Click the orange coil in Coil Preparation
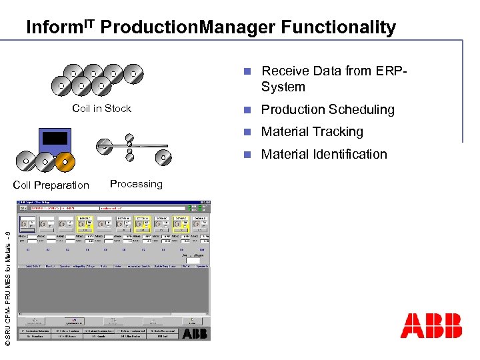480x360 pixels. click(64, 161)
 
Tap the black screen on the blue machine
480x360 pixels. click(55, 138)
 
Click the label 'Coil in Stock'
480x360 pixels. click(101, 109)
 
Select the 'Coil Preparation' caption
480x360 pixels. click(51, 185)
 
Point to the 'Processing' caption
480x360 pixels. click(136, 184)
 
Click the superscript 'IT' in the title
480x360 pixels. click(89, 23)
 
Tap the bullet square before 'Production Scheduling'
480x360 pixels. click(247, 110)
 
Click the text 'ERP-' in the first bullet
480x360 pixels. click(391, 71)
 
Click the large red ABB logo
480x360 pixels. click(431, 325)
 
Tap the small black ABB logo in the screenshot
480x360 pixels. click(195, 333)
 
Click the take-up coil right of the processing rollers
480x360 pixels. click(163, 157)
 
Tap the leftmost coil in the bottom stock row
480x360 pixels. click(61, 85)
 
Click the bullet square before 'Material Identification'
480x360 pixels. click(247, 155)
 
